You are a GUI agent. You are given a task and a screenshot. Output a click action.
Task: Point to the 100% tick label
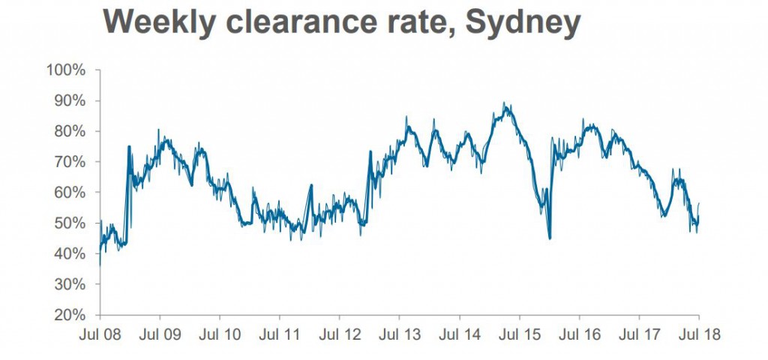pyautogui.click(x=70, y=70)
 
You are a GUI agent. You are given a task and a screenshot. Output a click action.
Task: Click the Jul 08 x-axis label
pyautogui.click(x=100, y=334)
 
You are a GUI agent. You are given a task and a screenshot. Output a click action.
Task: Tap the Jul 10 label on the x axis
pyautogui.click(x=220, y=334)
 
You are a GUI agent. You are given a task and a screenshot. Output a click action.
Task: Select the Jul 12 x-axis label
pyautogui.click(x=340, y=334)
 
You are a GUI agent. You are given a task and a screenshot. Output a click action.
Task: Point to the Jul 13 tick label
pyautogui.click(x=400, y=334)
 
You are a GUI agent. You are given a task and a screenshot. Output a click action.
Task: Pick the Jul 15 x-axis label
pyautogui.click(x=520, y=334)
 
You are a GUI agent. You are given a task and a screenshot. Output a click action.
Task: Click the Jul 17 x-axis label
pyautogui.click(x=639, y=334)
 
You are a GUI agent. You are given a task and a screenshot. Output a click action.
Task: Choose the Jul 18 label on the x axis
pyautogui.click(x=699, y=334)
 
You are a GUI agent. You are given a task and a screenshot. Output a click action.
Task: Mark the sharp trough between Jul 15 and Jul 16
pyautogui.click(x=550, y=238)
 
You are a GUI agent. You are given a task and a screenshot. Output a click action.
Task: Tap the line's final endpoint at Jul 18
pyautogui.click(x=699, y=203)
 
